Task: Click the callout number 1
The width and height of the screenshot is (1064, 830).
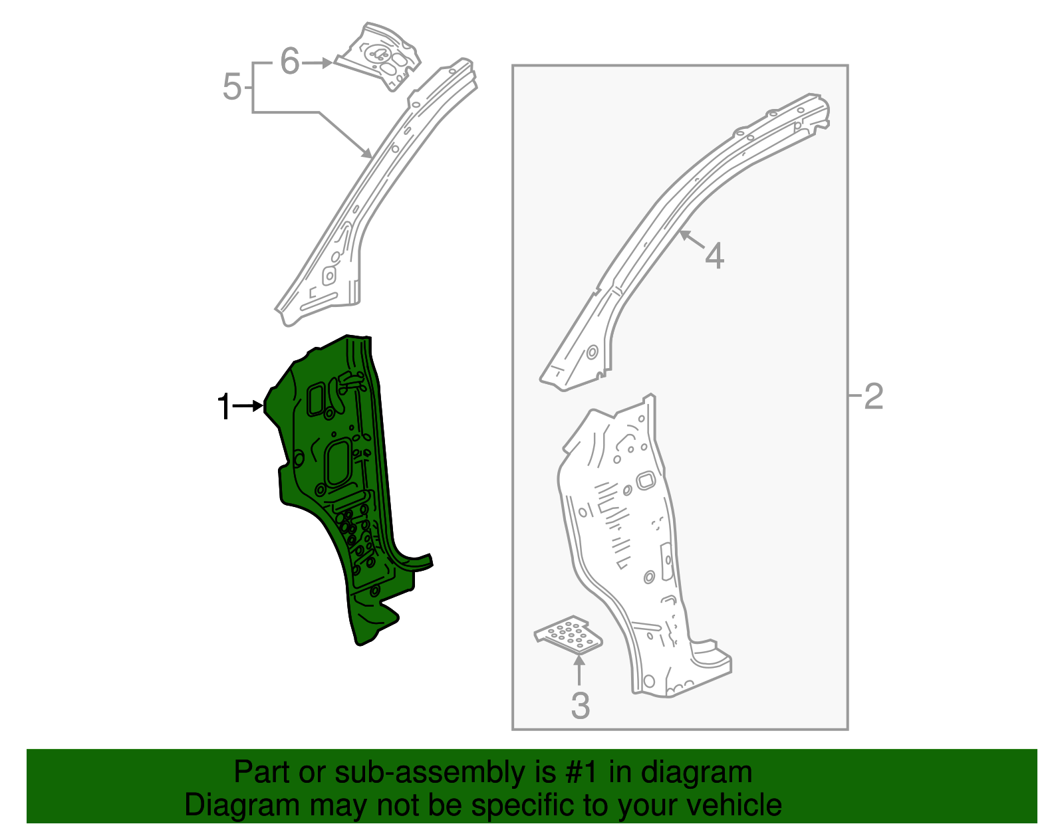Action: (x=224, y=406)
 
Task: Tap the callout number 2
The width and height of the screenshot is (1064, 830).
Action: (x=873, y=396)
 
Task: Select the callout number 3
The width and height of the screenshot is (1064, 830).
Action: (x=580, y=706)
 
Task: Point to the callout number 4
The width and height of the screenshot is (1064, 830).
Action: (x=714, y=256)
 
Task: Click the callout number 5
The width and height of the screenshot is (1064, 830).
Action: (x=231, y=87)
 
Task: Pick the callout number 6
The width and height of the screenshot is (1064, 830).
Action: (x=290, y=62)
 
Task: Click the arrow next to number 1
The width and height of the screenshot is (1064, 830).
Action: (x=250, y=405)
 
